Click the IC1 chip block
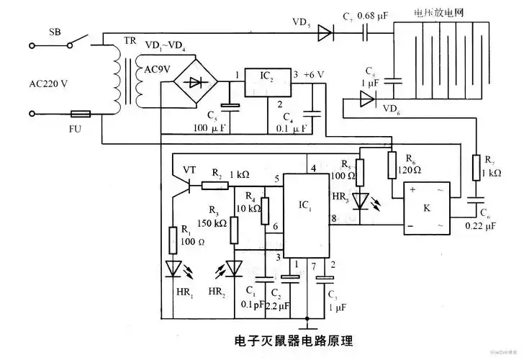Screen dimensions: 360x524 click(x=306, y=215)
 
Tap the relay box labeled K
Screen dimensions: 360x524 click(x=425, y=209)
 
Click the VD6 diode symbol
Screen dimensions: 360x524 click(x=367, y=101)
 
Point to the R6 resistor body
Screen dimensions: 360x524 click(x=392, y=165)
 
